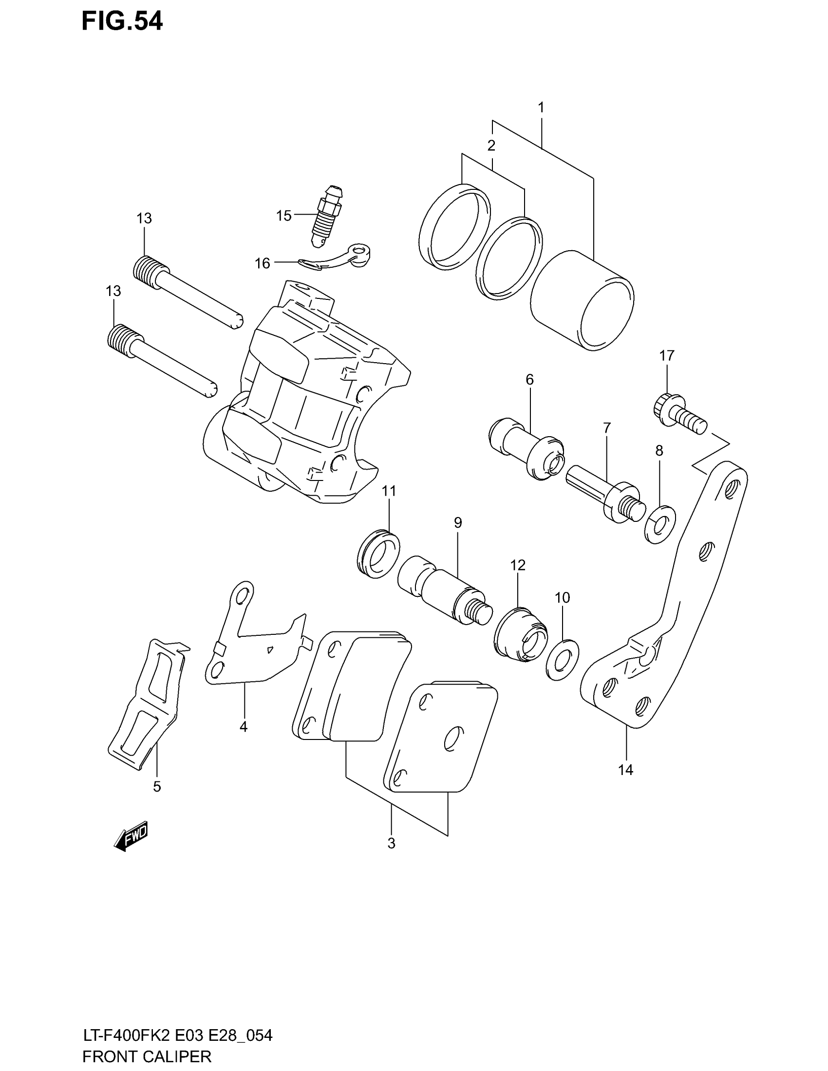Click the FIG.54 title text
pos(122,22)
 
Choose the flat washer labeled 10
pos(562,660)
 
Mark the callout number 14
pos(625,771)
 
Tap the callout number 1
pos(541,108)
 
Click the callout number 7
pos(607,428)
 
